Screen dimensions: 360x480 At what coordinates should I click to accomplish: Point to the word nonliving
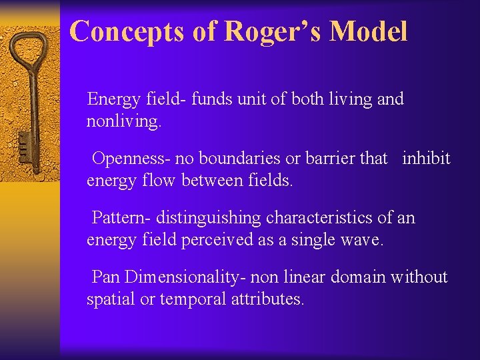pos(124,122)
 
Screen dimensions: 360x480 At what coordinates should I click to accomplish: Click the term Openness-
pos(131,159)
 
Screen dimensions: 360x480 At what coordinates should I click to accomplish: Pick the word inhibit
pos(426,159)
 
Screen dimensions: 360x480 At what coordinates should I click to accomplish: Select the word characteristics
pos(322,217)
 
